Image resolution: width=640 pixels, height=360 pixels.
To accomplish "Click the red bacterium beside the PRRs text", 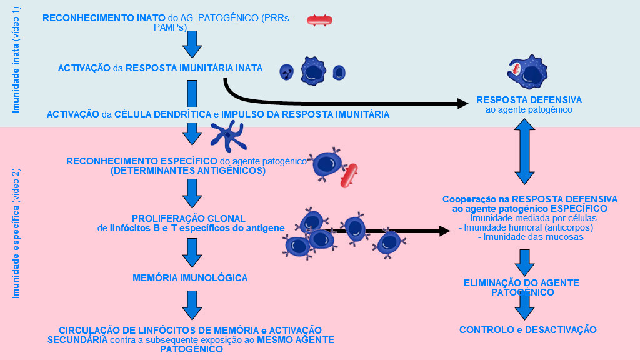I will click(x=319, y=21).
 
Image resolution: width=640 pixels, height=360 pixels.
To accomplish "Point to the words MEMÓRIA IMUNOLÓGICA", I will click(x=190, y=277).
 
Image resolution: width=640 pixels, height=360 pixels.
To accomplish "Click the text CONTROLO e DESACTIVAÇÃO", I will click(x=527, y=330).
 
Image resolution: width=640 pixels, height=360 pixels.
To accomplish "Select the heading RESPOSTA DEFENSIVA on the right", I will click(x=529, y=100).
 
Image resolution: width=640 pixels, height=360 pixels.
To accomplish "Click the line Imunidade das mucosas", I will click(x=531, y=237).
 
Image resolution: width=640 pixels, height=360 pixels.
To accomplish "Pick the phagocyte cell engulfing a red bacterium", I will click(x=527, y=74).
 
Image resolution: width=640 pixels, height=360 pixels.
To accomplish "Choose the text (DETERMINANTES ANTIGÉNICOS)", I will click(x=187, y=170).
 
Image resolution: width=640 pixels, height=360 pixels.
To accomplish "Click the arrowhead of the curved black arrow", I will click(x=462, y=102).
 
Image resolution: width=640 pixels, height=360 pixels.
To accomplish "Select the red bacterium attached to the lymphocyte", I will click(x=349, y=176).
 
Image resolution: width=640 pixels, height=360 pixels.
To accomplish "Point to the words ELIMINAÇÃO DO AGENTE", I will click(x=521, y=283).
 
